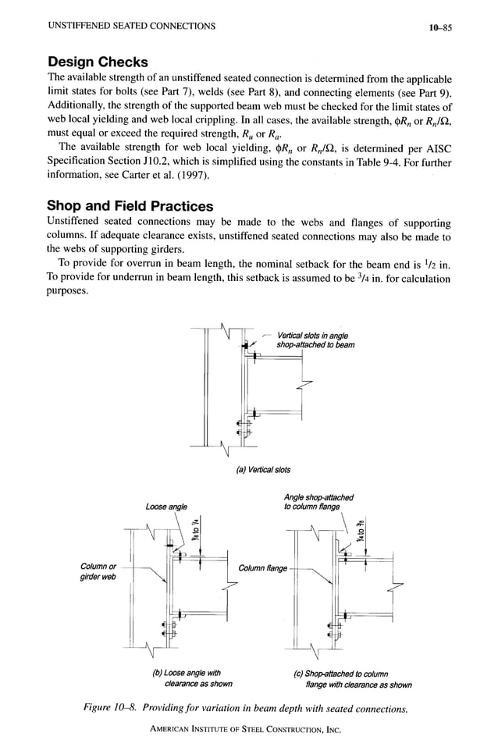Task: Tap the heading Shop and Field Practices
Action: [130, 206]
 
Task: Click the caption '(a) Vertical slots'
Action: [262, 470]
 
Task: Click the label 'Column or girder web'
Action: [99, 573]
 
